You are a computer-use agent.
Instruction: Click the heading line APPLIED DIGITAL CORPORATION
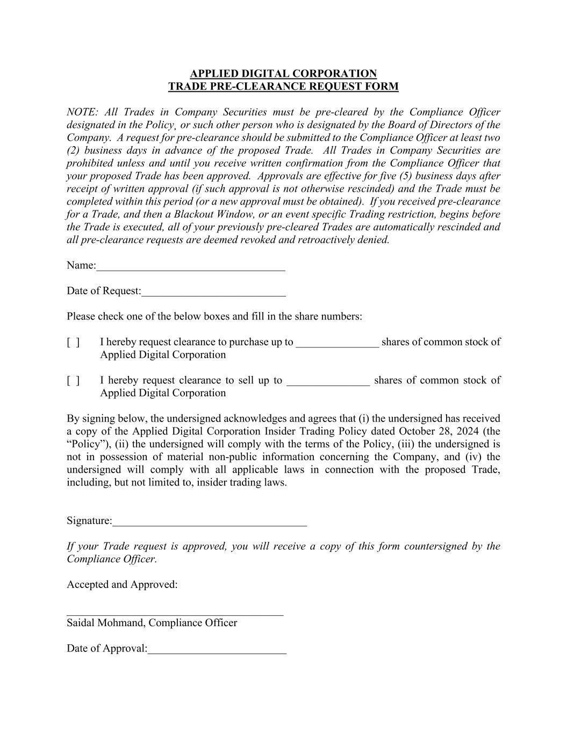click(283, 74)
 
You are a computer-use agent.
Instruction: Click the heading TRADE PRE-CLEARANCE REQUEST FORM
click(283, 86)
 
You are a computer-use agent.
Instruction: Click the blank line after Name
click(191, 266)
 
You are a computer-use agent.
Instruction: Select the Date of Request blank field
click(213, 292)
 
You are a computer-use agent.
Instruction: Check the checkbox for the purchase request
click(73, 342)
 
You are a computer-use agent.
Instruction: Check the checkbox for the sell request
click(73, 381)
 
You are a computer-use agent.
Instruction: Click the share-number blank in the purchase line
click(337, 343)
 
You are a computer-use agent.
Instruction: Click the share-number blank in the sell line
click(328, 382)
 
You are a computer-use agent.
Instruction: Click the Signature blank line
click(210, 521)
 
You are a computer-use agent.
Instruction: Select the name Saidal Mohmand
click(105, 623)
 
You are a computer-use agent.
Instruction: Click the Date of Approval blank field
click(217, 649)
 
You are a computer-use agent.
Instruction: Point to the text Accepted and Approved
click(122, 584)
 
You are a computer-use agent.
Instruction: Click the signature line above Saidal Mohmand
click(175, 613)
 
